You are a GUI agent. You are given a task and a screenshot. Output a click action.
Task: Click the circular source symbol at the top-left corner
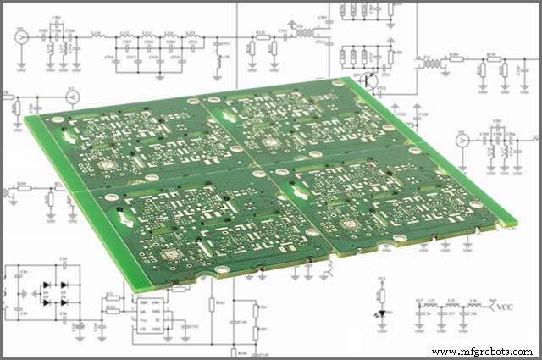21,37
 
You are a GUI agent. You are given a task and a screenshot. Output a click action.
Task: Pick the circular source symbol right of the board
462,138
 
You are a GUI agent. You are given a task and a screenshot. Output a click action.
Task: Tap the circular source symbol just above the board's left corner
73,98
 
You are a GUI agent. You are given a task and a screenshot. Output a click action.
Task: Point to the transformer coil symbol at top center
301,35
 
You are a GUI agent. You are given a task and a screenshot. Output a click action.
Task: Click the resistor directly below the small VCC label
382,294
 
